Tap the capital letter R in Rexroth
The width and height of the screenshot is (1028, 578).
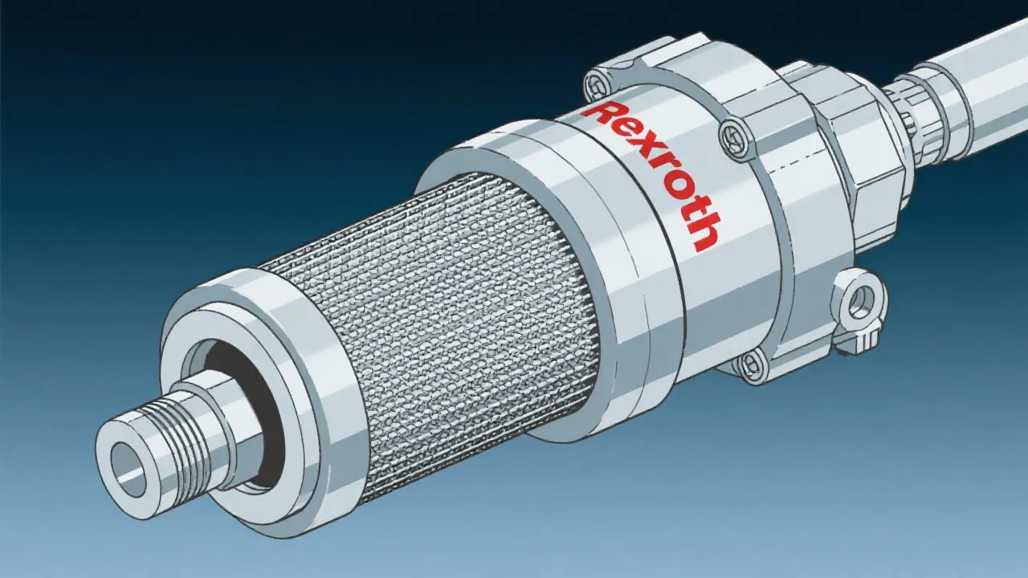click(x=600, y=112)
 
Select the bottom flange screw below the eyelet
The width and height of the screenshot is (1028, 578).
click(x=750, y=365)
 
